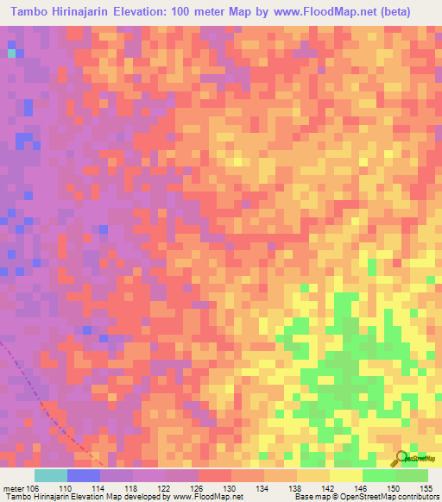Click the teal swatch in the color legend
coord(51,475)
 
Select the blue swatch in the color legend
coord(84,475)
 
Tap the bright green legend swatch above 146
coord(379,475)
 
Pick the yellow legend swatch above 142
coord(346,475)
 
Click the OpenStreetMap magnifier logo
coord(402,458)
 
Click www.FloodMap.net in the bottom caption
coord(207,497)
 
